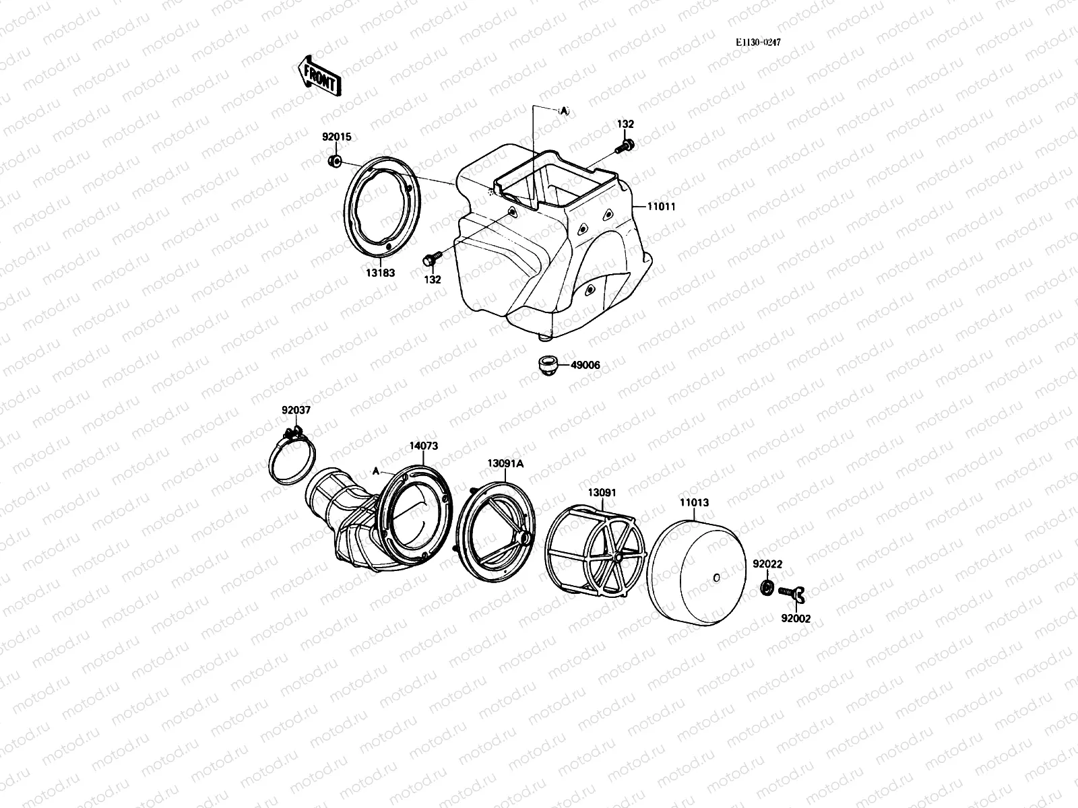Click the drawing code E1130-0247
(x=758, y=42)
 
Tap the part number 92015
(x=336, y=137)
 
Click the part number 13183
(x=381, y=273)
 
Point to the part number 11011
(x=661, y=207)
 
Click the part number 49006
(x=585, y=365)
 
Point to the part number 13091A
(x=505, y=463)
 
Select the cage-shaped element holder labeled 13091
(x=593, y=542)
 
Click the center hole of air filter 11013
(x=716, y=577)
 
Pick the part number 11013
(x=693, y=502)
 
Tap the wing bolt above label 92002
(x=794, y=593)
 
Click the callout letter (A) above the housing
(x=563, y=111)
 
